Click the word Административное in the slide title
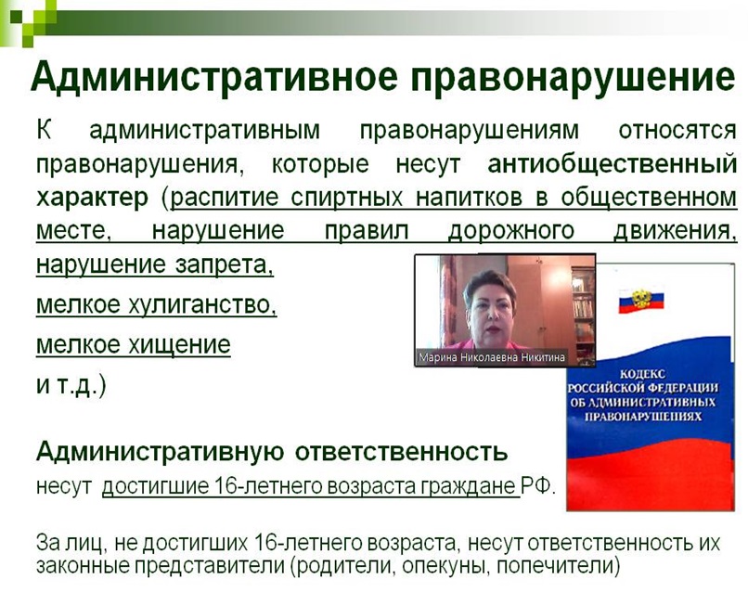213,76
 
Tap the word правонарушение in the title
573,77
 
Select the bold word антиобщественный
613,164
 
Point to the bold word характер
92,198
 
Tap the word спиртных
347,198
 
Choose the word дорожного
511,231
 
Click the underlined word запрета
225,264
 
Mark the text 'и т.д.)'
71,384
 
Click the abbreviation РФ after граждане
537,486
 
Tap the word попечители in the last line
558,566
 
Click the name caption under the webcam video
491,357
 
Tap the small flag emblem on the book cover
641,301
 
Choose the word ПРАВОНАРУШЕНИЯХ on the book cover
643,417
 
